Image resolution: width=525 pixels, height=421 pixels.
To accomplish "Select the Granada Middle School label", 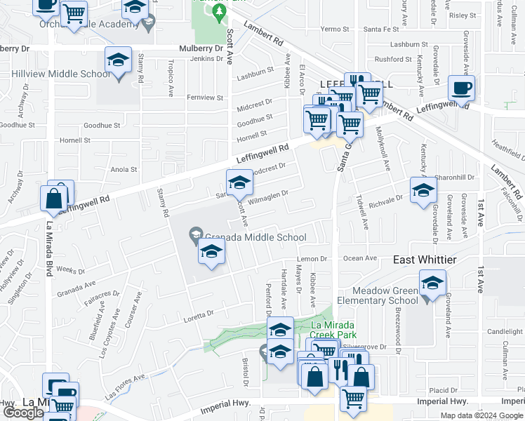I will [x=256, y=237].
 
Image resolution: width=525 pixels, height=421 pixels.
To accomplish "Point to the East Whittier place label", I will [x=425, y=260].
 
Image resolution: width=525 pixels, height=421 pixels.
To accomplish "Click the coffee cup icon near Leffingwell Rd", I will [x=461, y=89].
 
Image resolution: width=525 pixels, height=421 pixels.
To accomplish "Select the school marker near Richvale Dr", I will [x=423, y=191].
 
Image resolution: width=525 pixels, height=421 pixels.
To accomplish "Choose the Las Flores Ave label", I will [x=126, y=383].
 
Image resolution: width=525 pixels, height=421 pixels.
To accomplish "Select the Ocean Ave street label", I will [x=361, y=258].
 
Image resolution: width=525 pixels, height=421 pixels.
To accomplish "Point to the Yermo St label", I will [x=335, y=29].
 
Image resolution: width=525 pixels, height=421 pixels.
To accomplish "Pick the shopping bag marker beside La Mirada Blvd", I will [x=55, y=199].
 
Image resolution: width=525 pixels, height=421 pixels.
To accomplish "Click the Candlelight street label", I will [x=505, y=331].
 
